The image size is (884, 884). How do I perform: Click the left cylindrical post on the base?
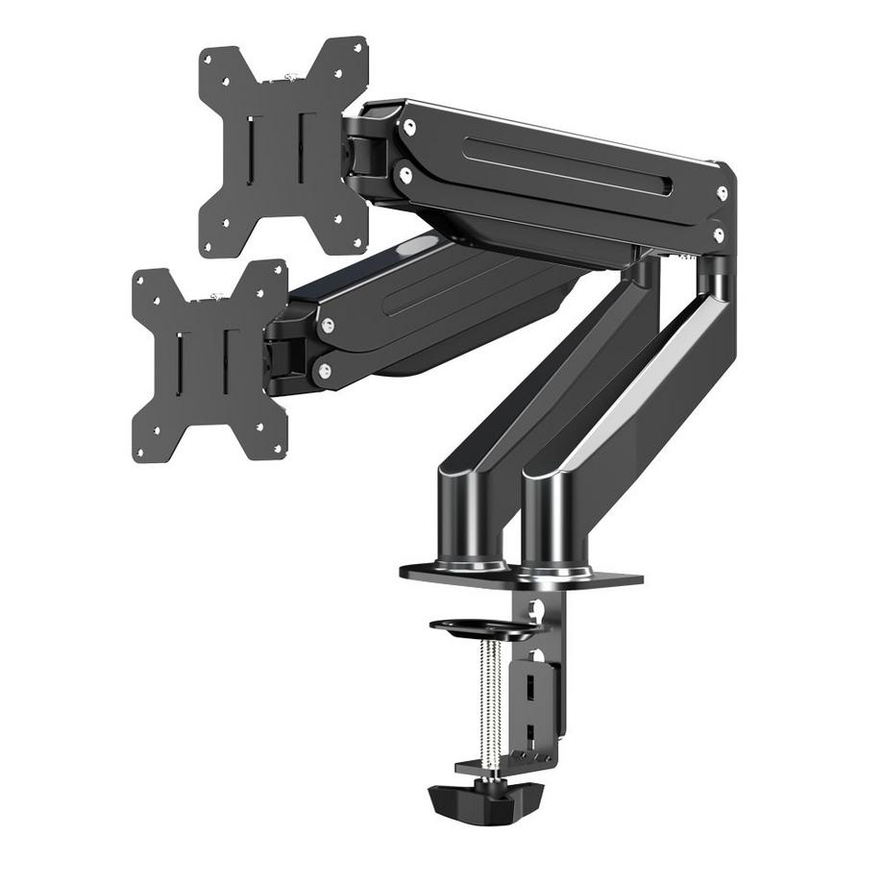pos(471,519)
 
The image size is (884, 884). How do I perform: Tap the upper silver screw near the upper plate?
pos(409,127)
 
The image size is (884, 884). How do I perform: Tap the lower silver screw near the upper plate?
pos(405,176)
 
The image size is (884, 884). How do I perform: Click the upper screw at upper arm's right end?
pos(722,193)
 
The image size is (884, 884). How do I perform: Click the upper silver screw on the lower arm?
pos(329,326)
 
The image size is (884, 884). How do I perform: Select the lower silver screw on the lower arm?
pos(325,370)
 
